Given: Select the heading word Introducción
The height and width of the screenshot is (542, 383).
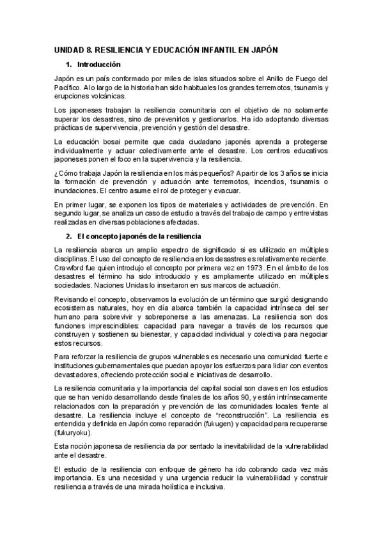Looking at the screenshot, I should [99, 65].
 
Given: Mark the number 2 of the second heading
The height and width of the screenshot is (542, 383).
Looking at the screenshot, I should [69, 237].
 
